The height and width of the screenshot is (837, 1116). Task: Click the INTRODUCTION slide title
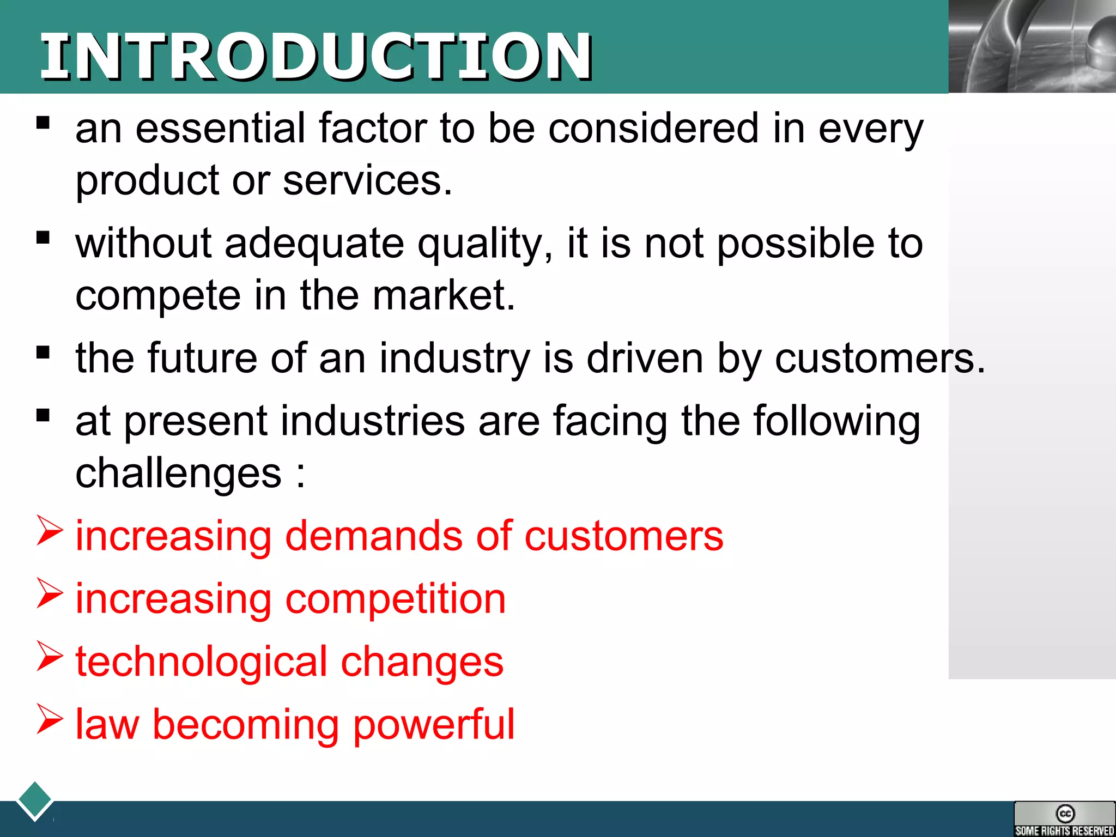[316, 56]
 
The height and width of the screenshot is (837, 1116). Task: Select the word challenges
[178, 473]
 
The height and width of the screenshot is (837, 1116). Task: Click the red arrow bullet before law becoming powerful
[50, 719]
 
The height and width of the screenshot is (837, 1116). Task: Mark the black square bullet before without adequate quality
[43, 238]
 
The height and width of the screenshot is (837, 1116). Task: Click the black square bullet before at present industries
[43, 415]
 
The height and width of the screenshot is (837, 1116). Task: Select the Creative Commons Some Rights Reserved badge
[1064, 818]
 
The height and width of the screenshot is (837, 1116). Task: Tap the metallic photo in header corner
[1032, 46]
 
